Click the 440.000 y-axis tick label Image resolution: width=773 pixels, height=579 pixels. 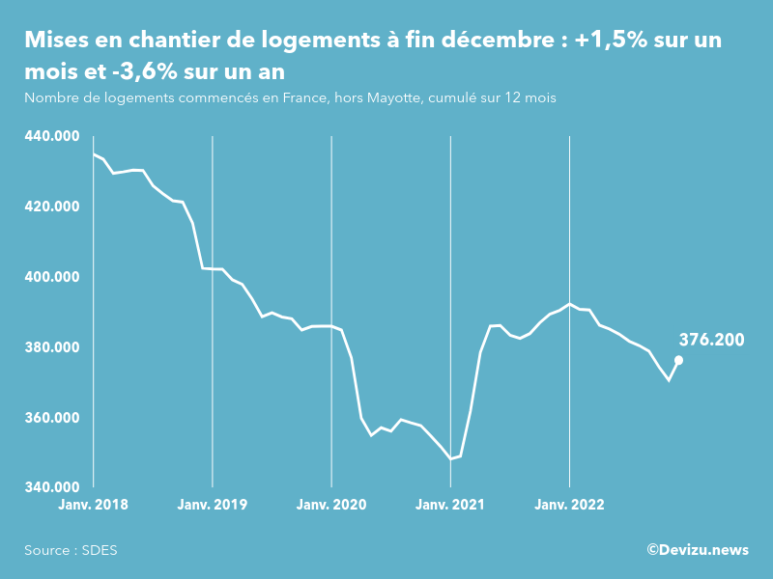pos(51,136)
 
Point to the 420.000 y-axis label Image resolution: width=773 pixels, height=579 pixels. pos(51,207)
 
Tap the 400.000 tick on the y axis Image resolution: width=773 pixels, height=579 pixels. pos(51,277)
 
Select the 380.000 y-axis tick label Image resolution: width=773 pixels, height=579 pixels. pos(51,347)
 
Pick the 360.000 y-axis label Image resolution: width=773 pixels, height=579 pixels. pos(51,418)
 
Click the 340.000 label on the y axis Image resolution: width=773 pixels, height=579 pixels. pos(51,487)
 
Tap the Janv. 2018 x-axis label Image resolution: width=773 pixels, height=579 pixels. pos(93,505)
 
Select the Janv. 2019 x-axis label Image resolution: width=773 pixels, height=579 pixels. pos(213,505)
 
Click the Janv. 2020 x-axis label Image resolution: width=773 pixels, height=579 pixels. pos(331,505)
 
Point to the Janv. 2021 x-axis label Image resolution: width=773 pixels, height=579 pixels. pos(450,505)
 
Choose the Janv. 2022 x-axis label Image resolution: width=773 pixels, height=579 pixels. pos(570,505)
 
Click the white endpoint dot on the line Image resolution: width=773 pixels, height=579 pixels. pos(678,360)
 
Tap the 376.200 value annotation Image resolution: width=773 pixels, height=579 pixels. pos(711,340)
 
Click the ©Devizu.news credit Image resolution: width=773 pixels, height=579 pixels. pos(698,550)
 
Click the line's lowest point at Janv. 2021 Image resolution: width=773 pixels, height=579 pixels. pos(451,458)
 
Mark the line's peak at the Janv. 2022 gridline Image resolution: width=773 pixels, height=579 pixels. pos(570,304)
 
